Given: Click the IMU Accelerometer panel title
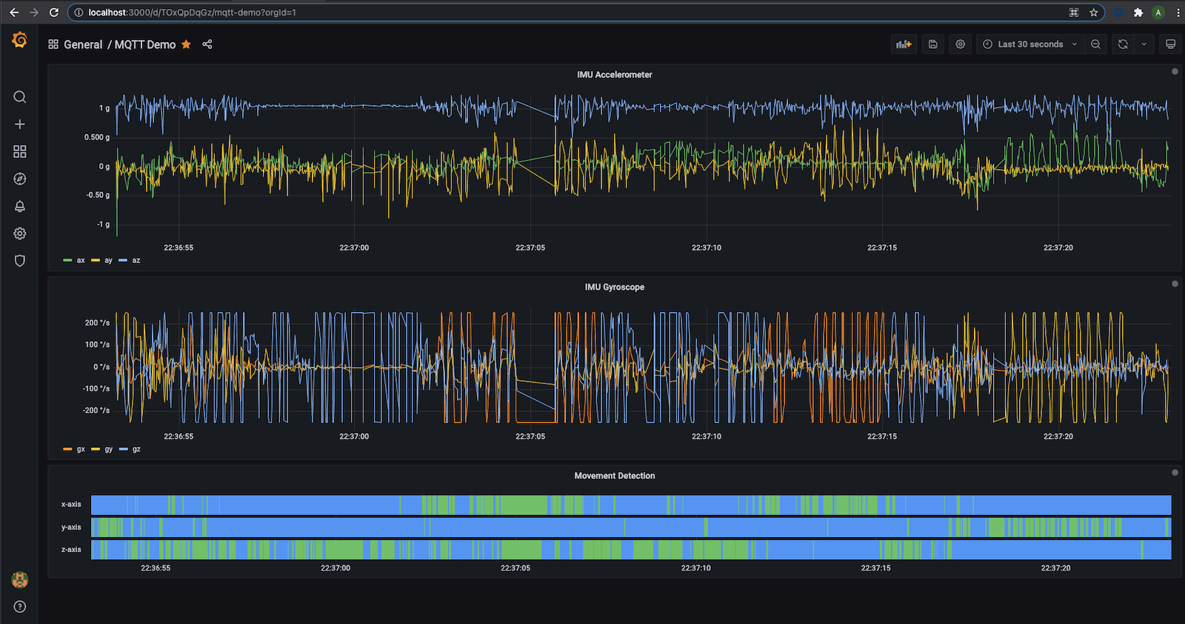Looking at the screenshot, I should coord(614,75).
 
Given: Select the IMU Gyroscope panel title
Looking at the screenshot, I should coord(614,288).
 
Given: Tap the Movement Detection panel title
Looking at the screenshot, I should coord(614,476).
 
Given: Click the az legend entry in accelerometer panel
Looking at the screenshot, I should coord(136,260).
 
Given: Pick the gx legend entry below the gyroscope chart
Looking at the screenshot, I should coord(80,449).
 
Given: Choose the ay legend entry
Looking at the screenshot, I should coord(108,260).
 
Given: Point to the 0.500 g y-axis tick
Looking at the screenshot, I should coord(97,137).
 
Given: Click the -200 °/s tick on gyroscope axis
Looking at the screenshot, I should coord(96,411).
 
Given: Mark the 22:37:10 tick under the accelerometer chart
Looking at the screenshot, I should coord(706,248).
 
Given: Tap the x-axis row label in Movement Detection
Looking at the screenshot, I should coord(71,505).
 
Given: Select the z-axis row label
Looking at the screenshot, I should coord(71,550).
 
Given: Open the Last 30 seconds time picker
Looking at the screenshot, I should coord(1029,44).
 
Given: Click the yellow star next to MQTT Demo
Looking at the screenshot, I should coord(186,44).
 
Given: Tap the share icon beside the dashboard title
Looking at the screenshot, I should coord(207,44).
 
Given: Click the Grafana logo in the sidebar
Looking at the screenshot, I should coord(20,40).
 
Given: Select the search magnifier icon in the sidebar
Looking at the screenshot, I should coord(20,97).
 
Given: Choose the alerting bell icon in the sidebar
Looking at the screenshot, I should coord(20,206).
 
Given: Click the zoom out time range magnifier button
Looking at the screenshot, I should coord(1095,44).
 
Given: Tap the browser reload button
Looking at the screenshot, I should coord(53,13).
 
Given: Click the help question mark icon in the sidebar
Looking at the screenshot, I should coord(20,607).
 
